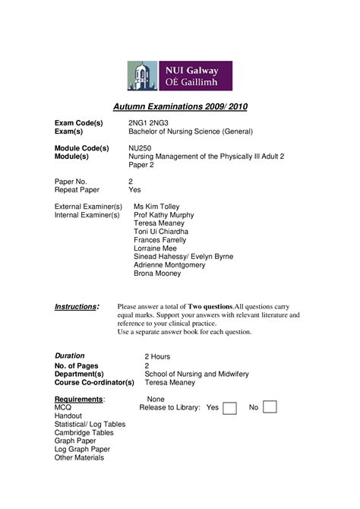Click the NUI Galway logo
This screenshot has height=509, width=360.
coord(183,75)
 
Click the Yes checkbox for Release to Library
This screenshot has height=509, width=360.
coord(229,408)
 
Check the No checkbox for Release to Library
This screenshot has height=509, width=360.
coord(270,408)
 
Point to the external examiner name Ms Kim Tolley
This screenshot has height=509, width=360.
coord(156,207)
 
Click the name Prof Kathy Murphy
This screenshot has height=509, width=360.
coord(164,215)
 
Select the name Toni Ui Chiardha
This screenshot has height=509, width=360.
coord(161,232)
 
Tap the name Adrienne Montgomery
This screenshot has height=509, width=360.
coord(169,265)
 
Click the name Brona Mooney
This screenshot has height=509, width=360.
coord(157,273)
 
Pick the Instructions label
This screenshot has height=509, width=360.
coord(77,307)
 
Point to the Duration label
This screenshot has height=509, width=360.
coord(70,356)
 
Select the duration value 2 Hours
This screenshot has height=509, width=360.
coord(157,356)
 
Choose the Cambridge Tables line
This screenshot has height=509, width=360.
coord(84,432)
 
